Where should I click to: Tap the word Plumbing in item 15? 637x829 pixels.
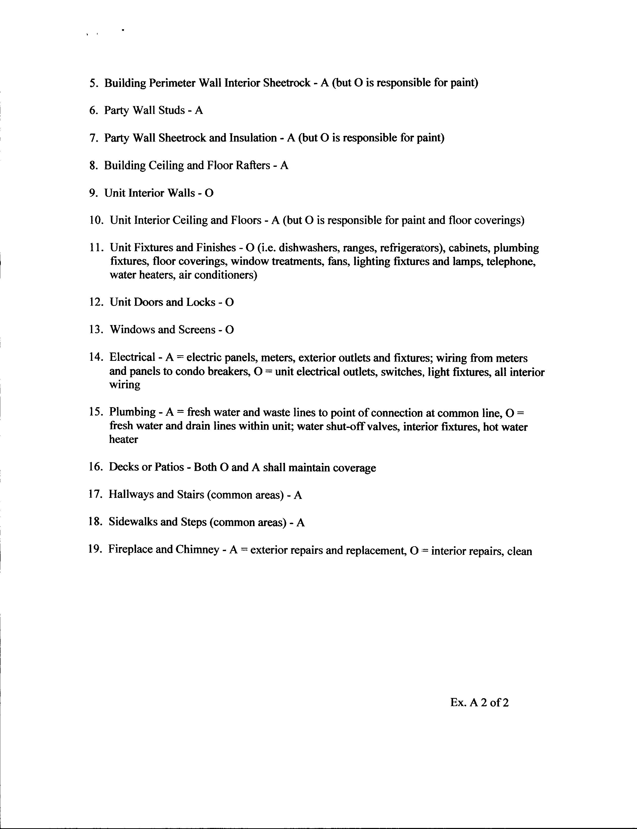tap(132, 412)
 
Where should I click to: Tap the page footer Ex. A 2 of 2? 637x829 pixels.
tap(479, 703)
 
